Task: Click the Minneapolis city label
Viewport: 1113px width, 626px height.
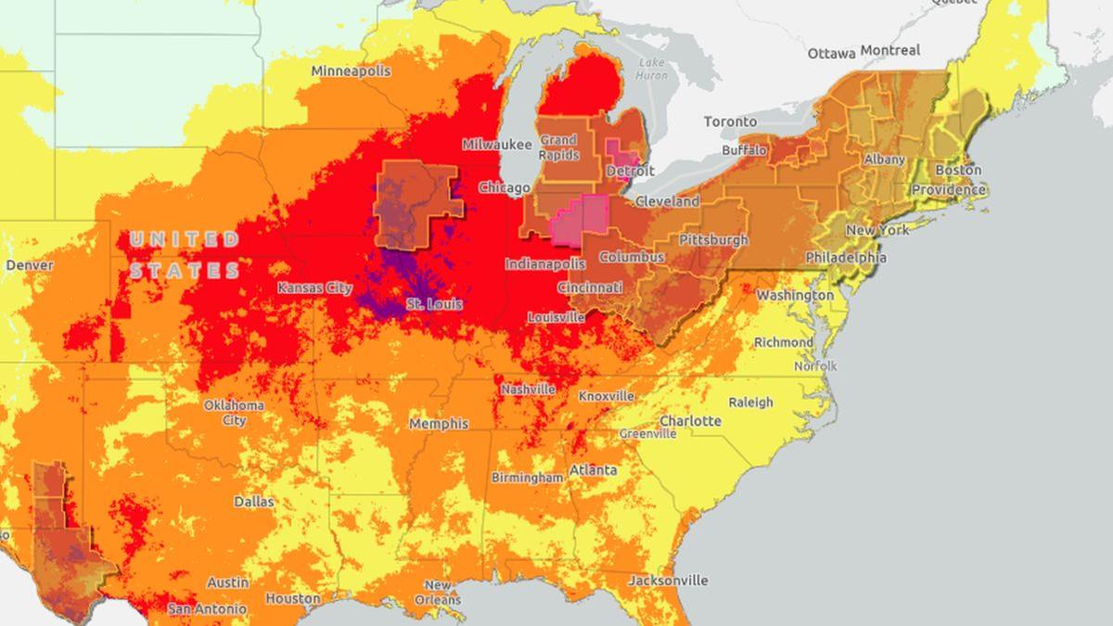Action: (x=351, y=71)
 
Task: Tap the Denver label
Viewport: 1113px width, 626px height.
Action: (x=29, y=265)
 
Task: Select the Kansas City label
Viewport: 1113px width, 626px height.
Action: (x=314, y=288)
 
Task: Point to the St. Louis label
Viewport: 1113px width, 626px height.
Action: (x=434, y=304)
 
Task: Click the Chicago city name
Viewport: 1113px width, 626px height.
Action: (x=505, y=188)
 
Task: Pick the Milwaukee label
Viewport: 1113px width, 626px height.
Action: (x=497, y=145)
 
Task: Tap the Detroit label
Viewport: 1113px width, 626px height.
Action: (x=631, y=172)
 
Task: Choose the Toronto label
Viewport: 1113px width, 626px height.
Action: (x=731, y=121)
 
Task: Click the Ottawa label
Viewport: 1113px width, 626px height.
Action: (x=831, y=54)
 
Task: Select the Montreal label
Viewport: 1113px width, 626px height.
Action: (x=890, y=50)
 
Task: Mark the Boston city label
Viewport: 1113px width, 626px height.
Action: (x=958, y=171)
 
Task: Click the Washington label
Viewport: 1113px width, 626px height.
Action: (x=795, y=295)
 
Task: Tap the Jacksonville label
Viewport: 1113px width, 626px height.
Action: (x=668, y=581)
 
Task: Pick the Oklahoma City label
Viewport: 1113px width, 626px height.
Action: (x=234, y=413)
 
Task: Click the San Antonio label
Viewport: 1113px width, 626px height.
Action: (x=208, y=609)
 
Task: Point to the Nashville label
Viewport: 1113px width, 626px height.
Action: (x=528, y=390)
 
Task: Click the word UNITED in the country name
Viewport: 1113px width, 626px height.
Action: (x=184, y=240)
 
